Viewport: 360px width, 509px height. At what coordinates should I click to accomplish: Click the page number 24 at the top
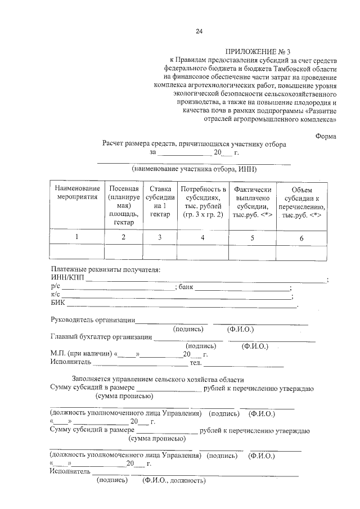point(199,31)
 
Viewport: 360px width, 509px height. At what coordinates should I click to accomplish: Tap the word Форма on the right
point(326,136)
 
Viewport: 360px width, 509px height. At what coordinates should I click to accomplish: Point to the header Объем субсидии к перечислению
point(301,206)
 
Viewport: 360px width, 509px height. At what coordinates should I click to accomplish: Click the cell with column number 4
point(202,237)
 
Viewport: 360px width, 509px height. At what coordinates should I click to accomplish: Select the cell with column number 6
point(301,238)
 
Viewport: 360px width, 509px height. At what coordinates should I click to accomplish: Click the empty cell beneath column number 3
point(160,251)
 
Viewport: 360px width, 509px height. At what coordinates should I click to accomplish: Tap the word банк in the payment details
point(186,287)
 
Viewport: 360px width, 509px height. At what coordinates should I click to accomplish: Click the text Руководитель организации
point(92,321)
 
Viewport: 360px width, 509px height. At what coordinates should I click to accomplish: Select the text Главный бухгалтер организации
point(101,337)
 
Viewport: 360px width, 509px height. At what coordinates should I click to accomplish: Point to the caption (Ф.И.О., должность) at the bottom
point(174,480)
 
